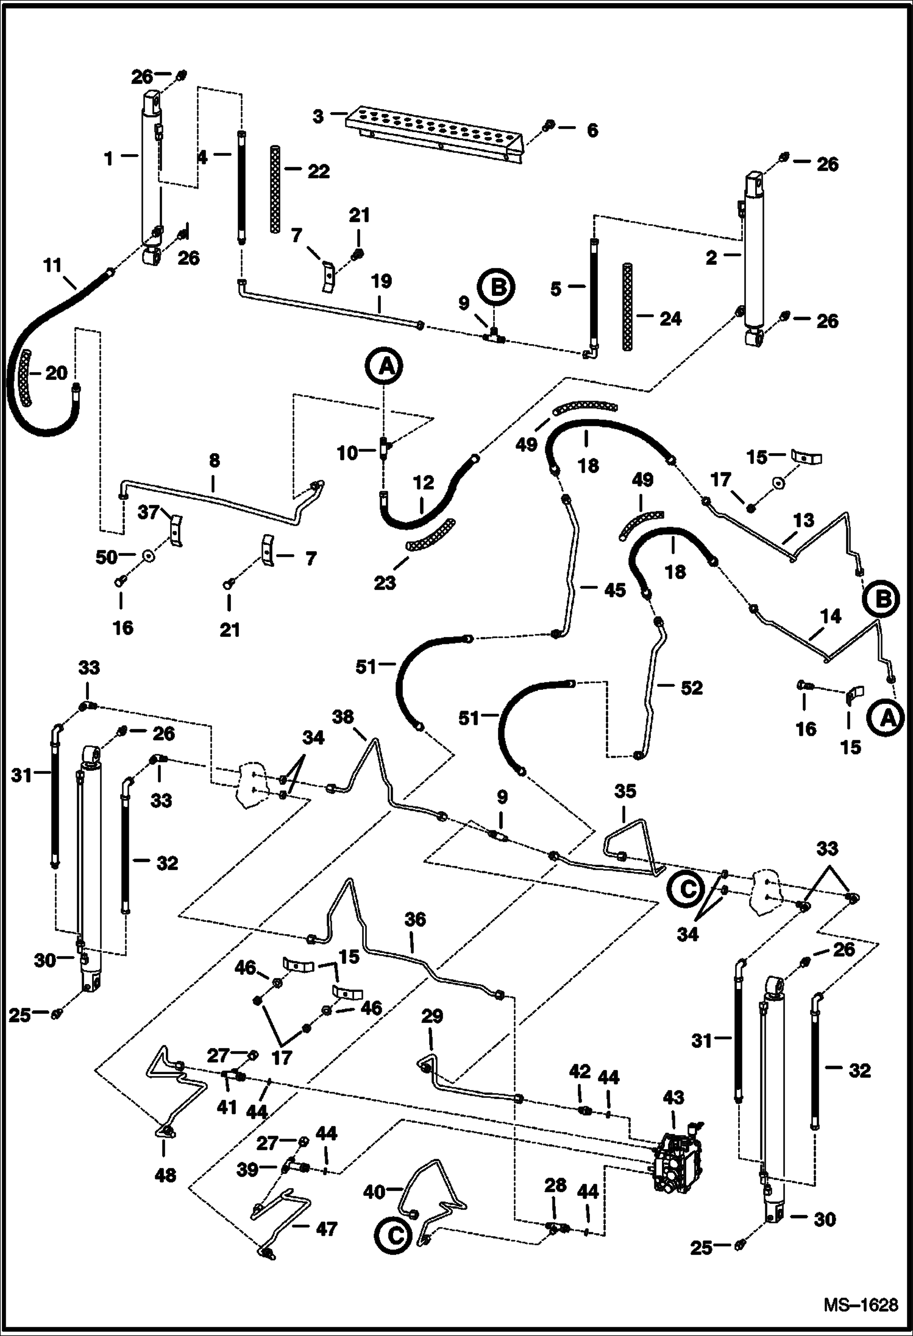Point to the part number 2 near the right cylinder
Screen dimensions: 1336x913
tap(711, 258)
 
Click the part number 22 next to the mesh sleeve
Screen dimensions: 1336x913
tap(318, 171)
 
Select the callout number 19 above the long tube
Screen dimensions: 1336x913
tap(382, 282)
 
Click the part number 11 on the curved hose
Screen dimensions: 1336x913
tap(53, 266)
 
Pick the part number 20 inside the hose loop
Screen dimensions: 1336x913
tap(56, 372)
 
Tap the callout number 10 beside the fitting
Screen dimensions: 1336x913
tap(347, 453)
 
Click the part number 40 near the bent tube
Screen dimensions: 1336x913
tap(375, 1191)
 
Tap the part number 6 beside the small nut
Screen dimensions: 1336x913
tap(592, 130)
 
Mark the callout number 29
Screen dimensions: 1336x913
tap(432, 1016)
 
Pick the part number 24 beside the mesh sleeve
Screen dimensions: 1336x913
tap(670, 319)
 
